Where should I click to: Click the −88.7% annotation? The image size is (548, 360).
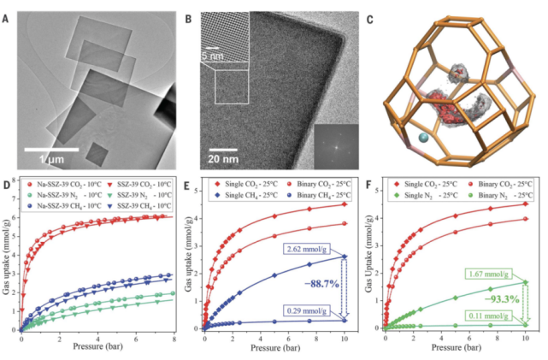pos(326,278)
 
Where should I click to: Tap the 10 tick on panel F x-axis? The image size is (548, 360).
pos(524,338)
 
